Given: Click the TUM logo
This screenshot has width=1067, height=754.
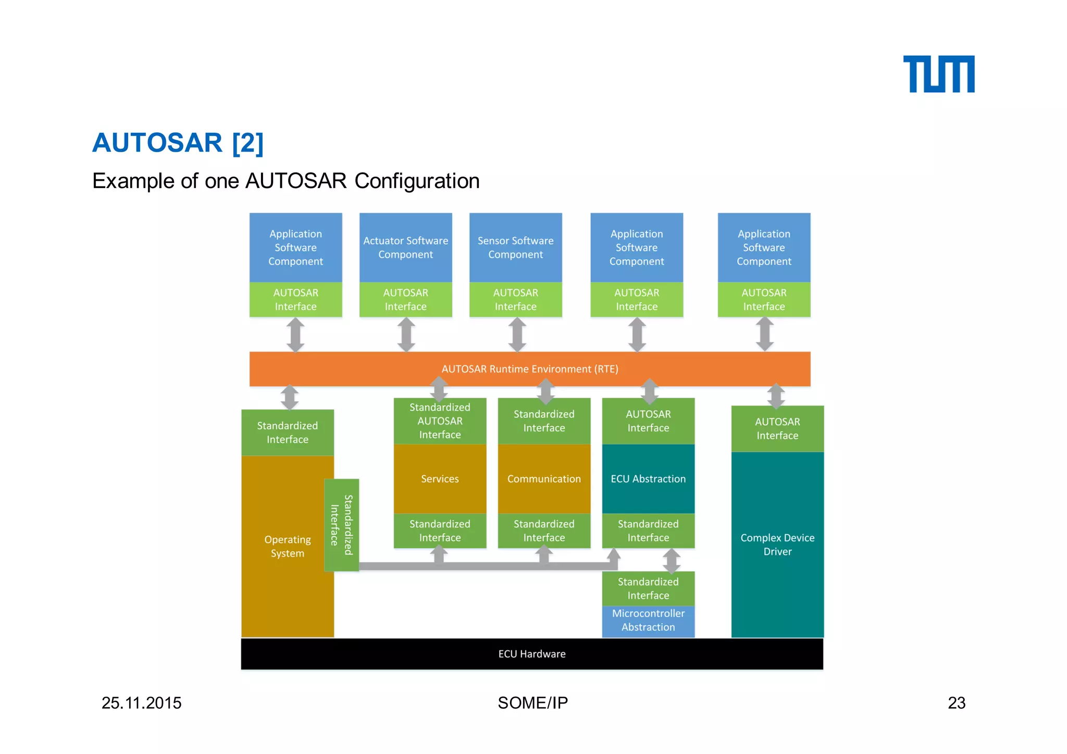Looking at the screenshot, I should click(938, 74).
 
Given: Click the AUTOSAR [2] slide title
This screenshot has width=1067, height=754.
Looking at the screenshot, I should click(178, 143).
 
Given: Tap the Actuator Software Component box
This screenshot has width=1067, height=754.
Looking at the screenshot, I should click(405, 248).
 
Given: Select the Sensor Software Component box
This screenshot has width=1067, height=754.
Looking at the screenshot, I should click(515, 248).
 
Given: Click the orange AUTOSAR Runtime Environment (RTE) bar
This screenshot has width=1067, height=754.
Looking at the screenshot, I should click(529, 369).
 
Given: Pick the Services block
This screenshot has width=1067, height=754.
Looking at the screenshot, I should click(440, 479).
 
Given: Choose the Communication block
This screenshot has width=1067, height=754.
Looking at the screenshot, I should click(544, 479).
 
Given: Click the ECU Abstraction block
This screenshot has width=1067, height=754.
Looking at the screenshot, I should click(648, 479).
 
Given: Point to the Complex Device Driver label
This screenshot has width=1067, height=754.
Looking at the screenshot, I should click(777, 545).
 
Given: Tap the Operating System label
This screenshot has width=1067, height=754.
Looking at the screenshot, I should click(287, 546).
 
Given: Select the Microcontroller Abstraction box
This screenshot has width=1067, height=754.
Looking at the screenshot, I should click(648, 621).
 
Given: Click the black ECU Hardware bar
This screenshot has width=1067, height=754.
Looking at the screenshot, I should click(531, 654).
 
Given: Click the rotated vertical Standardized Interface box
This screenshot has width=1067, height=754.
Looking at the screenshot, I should click(341, 525).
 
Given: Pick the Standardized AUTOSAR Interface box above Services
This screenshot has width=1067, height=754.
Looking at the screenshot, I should click(440, 421).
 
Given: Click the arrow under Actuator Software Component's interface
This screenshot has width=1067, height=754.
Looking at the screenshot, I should click(406, 335).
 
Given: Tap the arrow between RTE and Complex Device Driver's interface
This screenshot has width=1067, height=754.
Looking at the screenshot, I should click(776, 396).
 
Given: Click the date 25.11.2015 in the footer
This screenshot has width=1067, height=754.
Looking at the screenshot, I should click(141, 703).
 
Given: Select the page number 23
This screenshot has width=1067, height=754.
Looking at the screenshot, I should click(957, 703).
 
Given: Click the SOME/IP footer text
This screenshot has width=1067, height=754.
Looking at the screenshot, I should click(532, 703).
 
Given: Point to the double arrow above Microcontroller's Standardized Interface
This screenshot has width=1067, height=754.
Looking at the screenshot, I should click(672, 561).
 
